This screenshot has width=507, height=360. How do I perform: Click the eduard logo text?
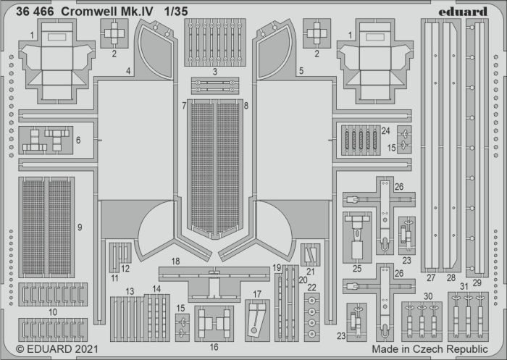[463, 12]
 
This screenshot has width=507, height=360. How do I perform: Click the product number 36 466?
[35, 12]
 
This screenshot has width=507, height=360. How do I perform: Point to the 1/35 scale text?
[175, 12]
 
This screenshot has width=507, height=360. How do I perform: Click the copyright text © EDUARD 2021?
[57, 349]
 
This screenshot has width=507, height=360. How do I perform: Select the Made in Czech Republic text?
[430, 349]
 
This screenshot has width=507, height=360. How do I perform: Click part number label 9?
[80, 227]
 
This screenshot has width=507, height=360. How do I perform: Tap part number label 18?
[175, 261]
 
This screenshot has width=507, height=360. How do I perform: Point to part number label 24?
[386, 130]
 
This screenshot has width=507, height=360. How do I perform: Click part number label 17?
[256, 294]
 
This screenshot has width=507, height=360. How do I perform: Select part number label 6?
[78, 140]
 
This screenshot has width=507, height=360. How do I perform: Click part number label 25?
[357, 269]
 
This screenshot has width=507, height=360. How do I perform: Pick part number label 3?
[214, 72]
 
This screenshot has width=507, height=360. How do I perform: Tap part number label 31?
[464, 286]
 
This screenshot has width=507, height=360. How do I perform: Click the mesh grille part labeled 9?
[46, 227]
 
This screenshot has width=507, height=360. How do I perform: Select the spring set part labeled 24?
[361, 141]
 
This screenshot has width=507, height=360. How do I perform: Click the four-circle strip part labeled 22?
[311, 317]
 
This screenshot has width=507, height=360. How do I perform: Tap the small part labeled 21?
[311, 255]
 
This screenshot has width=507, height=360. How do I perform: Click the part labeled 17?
[257, 320]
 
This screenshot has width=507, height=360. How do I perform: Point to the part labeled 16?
[214, 324]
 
